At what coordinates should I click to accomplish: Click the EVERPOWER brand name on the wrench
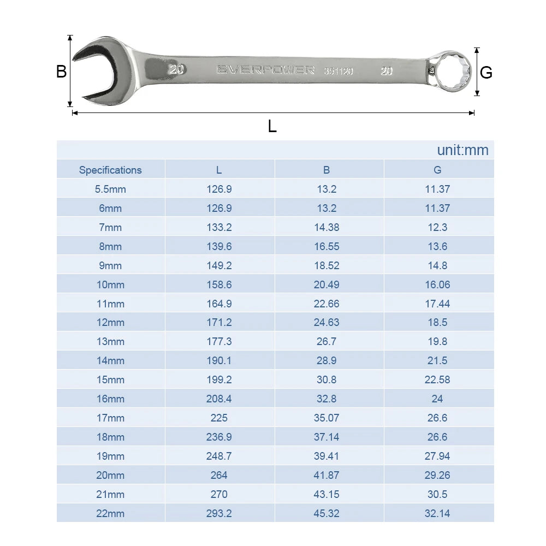point(265,70)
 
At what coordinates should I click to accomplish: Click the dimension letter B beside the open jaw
point(61,72)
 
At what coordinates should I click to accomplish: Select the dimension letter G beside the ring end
point(485,72)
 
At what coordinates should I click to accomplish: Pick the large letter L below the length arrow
point(272,126)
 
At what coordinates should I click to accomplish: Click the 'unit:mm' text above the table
point(462,150)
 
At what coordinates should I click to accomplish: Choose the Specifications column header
point(110,170)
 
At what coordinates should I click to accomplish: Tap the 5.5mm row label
point(110,189)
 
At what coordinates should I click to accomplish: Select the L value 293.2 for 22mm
point(219,513)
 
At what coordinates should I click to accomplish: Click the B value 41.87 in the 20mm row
point(327,475)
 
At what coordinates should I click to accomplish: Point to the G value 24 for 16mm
point(437,399)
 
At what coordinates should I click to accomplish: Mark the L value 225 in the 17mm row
point(219,418)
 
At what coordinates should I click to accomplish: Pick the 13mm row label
point(110,341)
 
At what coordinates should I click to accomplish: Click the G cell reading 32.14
point(437,513)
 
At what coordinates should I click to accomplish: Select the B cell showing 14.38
point(327,227)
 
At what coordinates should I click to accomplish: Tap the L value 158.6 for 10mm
point(219,284)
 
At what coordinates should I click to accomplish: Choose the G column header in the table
point(437,170)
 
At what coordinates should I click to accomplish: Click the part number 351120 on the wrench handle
point(339,70)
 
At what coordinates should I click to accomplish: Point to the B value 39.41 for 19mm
point(327,456)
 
